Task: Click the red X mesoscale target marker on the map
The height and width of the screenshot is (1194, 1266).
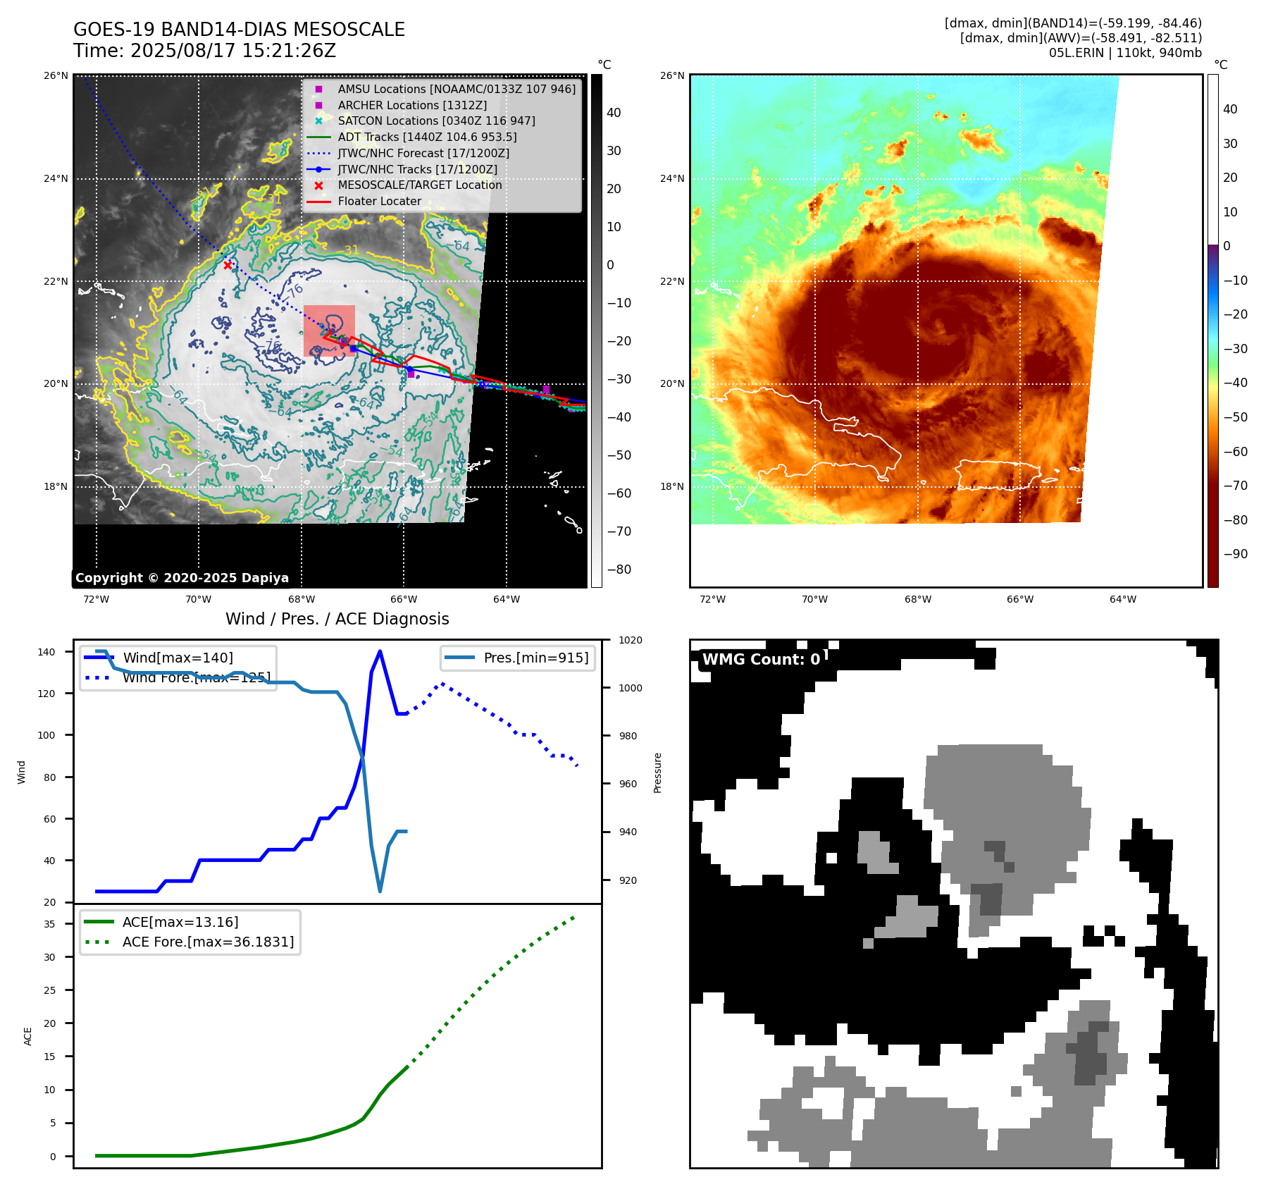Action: tap(228, 265)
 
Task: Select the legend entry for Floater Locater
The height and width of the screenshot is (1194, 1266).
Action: tap(379, 202)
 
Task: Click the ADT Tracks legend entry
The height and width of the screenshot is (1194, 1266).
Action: tap(427, 137)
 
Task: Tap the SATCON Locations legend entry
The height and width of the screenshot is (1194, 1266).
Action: tap(436, 121)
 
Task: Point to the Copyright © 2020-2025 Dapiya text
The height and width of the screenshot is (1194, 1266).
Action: tap(182, 578)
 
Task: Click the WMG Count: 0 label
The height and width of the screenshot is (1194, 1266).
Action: tap(761, 660)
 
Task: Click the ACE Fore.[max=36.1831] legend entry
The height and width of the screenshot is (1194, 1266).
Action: tap(208, 942)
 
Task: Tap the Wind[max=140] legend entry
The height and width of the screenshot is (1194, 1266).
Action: tap(178, 658)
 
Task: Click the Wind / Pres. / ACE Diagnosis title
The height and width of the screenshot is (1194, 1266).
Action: tap(337, 619)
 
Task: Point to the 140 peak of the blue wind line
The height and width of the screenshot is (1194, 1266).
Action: tap(380, 651)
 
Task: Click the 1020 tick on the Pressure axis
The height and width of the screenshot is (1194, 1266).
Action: tap(631, 640)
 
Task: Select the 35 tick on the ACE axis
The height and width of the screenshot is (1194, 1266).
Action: tap(50, 924)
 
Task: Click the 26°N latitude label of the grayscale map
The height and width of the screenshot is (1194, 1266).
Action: tap(56, 75)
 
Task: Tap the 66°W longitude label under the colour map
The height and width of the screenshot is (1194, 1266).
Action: tap(1020, 600)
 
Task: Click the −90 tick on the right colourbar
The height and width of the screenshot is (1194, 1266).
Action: tap(1235, 554)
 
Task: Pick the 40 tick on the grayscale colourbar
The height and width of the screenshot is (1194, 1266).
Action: tap(614, 113)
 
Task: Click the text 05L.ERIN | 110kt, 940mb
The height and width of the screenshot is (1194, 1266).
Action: tap(1125, 53)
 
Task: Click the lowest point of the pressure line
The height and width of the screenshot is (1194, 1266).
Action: tap(380, 891)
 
